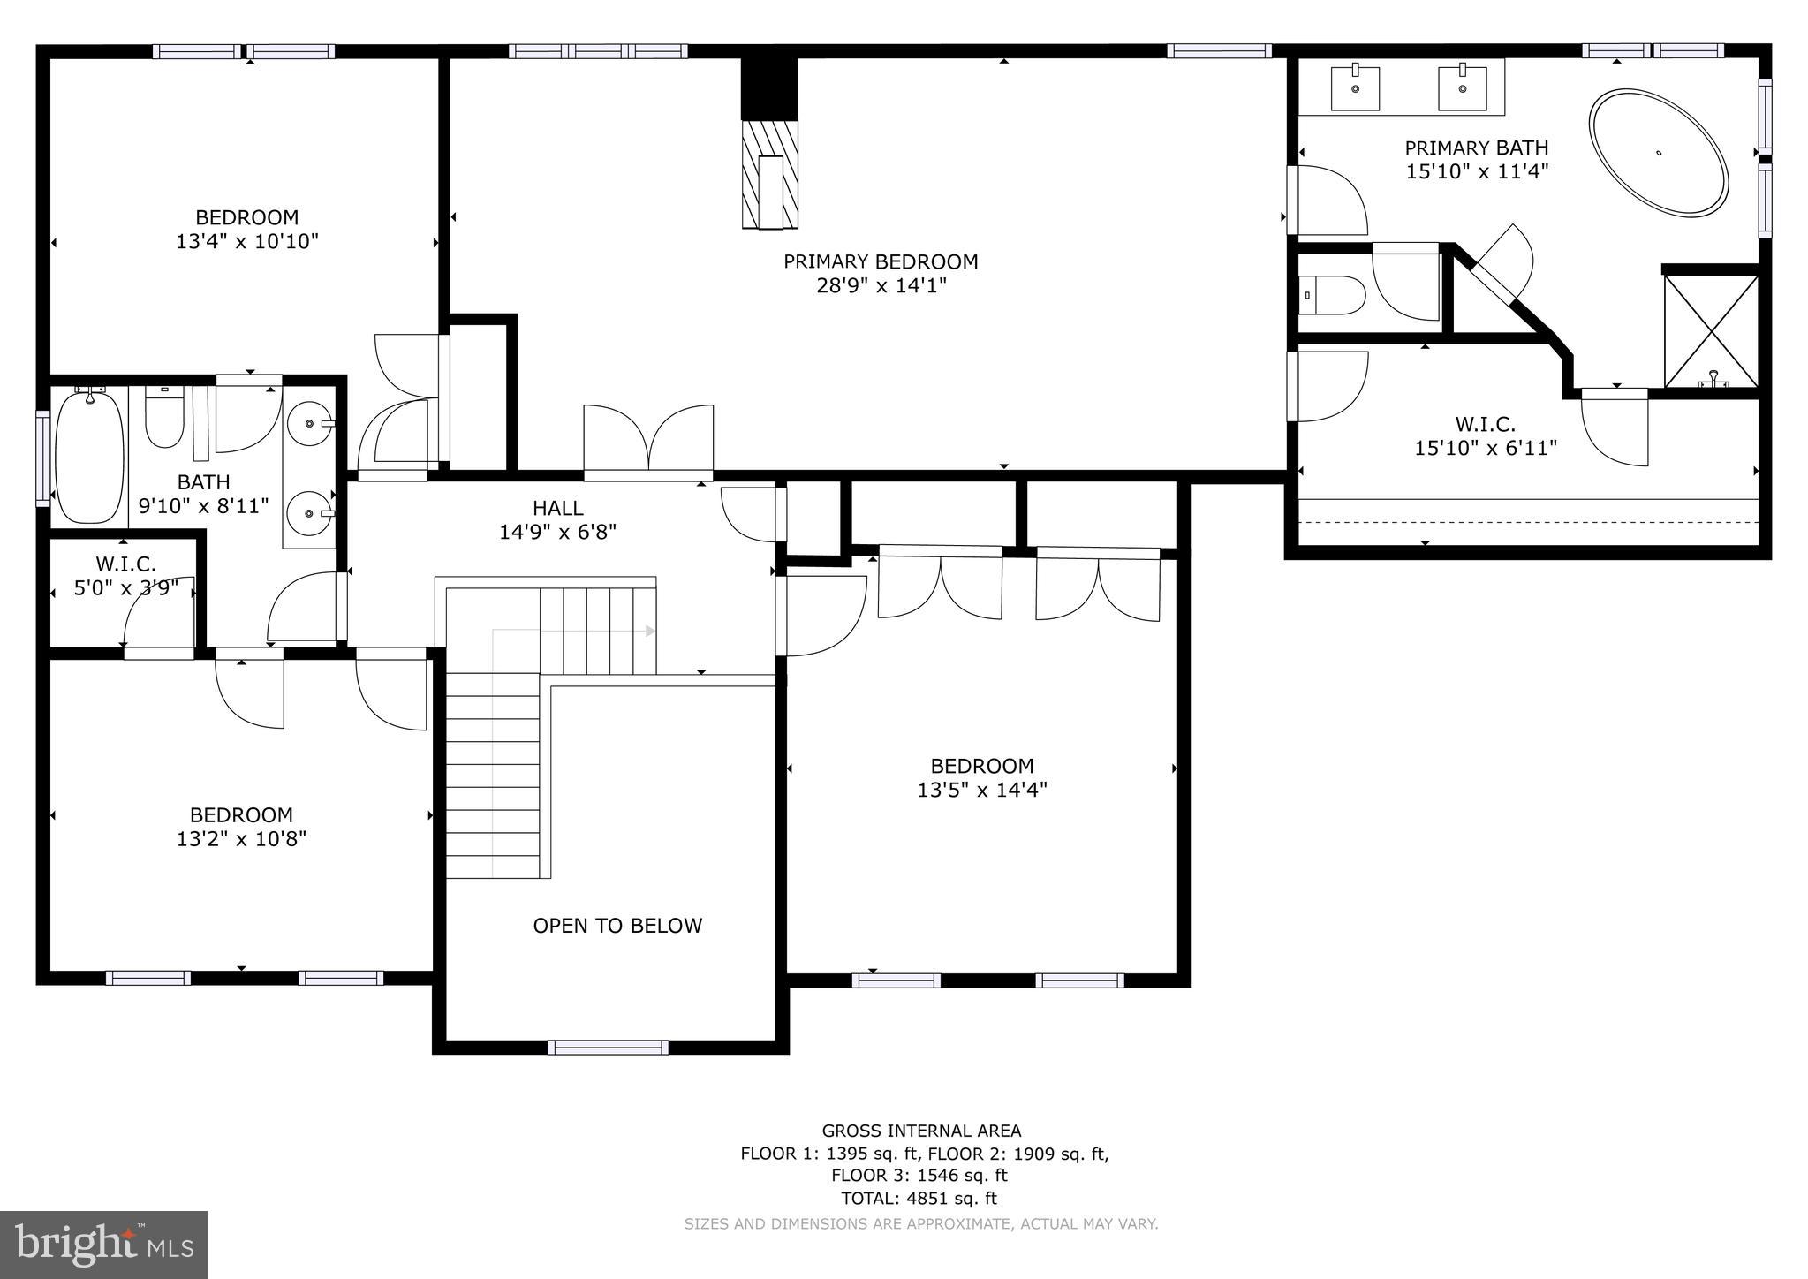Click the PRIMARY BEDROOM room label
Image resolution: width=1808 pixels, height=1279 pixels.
point(881,261)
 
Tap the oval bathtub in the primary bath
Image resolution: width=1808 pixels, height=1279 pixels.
point(1658,151)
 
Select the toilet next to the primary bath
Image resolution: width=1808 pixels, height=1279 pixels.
point(1333,296)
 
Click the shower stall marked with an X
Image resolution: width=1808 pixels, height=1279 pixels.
point(1711,330)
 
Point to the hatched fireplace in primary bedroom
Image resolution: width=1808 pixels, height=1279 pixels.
point(769,174)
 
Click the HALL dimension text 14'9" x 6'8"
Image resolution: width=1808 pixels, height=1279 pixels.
point(557,532)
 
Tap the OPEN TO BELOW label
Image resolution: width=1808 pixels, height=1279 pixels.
point(617,926)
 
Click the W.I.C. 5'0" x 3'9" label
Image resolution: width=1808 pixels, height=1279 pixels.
point(125,575)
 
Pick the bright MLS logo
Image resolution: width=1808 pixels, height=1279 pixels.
point(103,1245)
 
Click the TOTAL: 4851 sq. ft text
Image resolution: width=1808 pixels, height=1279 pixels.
point(919,1199)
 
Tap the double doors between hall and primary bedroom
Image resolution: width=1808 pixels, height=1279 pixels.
point(648,439)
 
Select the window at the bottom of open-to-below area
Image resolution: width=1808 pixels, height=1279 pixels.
point(608,1048)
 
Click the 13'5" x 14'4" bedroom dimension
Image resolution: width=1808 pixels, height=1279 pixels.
point(982,790)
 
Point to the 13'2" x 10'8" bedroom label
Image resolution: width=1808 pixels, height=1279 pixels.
point(241,827)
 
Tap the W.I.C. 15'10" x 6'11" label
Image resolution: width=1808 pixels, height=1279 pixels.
point(1486,436)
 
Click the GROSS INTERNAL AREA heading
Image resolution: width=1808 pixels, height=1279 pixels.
point(921,1131)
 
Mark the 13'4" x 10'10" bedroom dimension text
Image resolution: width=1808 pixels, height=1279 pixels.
point(247,241)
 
